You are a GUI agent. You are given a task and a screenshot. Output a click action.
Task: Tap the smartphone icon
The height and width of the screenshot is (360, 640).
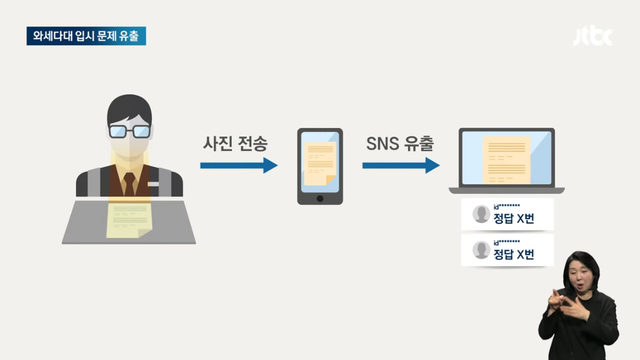point(320,166)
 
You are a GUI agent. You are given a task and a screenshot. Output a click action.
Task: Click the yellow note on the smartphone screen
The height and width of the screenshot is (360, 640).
point(320,160)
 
